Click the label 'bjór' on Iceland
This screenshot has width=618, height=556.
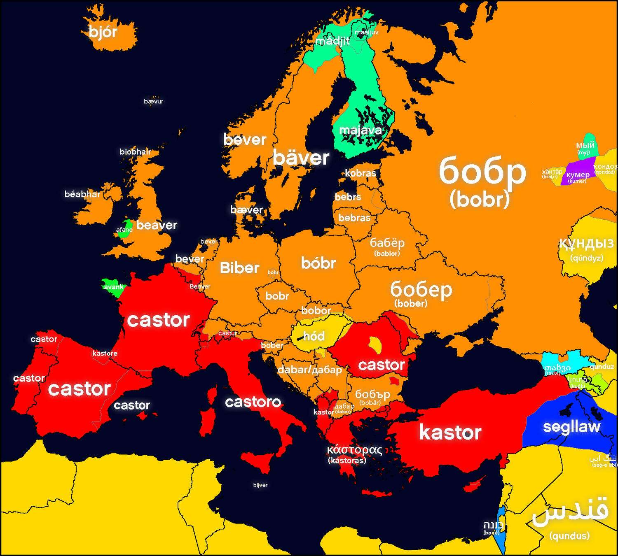(x=103, y=32)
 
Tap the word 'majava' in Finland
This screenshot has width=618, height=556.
(x=360, y=130)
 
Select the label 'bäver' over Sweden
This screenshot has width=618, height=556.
(x=301, y=158)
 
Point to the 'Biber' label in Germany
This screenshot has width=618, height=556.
(x=239, y=268)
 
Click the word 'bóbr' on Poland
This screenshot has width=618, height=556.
(x=318, y=263)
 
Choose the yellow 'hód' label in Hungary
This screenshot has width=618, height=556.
(x=314, y=336)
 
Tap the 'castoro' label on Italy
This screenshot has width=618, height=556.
(x=253, y=402)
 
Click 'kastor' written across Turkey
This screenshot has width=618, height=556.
(x=450, y=433)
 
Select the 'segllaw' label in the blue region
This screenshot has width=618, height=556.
(x=571, y=427)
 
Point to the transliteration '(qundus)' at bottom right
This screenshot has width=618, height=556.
(x=569, y=536)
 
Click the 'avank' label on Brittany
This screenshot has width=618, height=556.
(x=114, y=287)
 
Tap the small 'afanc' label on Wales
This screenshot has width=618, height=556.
(x=124, y=230)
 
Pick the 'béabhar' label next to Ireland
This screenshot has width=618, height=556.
(x=82, y=194)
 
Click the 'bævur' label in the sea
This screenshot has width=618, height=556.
(x=154, y=101)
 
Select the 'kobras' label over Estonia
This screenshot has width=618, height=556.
(x=360, y=173)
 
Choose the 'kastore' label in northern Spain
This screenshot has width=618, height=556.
(x=105, y=353)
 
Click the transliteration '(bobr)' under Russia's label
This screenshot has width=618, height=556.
(x=480, y=199)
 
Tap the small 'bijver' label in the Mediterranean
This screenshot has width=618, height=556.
(x=260, y=485)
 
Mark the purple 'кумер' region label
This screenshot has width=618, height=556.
(x=578, y=174)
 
